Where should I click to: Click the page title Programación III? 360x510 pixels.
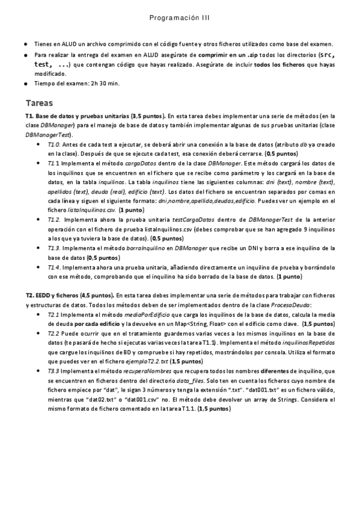180,19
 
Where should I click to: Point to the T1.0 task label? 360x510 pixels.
53,145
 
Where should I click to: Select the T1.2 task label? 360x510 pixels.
53,220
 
